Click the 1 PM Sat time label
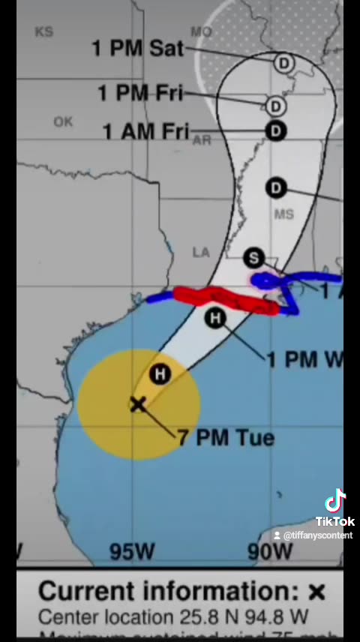pyautogui.click(x=138, y=48)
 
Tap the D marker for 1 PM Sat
pyautogui.click(x=283, y=63)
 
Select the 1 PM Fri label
pyautogui.click(x=140, y=93)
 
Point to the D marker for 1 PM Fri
pyautogui.click(x=275, y=105)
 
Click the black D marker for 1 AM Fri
pyautogui.click(x=276, y=131)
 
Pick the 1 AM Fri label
pyautogui.click(x=145, y=131)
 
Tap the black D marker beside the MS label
pyautogui.click(x=276, y=187)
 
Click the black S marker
pyautogui.click(x=254, y=259)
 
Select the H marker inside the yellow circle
pyautogui.click(x=160, y=373)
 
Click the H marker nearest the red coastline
pyautogui.click(x=215, y=318)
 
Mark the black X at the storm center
pyautogui.click(x=138, y=405)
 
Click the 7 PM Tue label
pyautogui.click(x=225, y=437)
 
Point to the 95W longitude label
pyautogui.click(x=132, y=552)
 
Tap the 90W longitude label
pyautogui.click(x=270, y=552)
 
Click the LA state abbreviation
pyautogui.click(x=201, y=253)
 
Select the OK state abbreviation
pyautogui.click(x=63, y=122)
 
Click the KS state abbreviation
pyautogui.click(x=44, y=31)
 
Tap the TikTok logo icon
pyautogui.click(x=334, y=501)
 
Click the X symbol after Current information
pyautogui.click(x=317, y=592)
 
